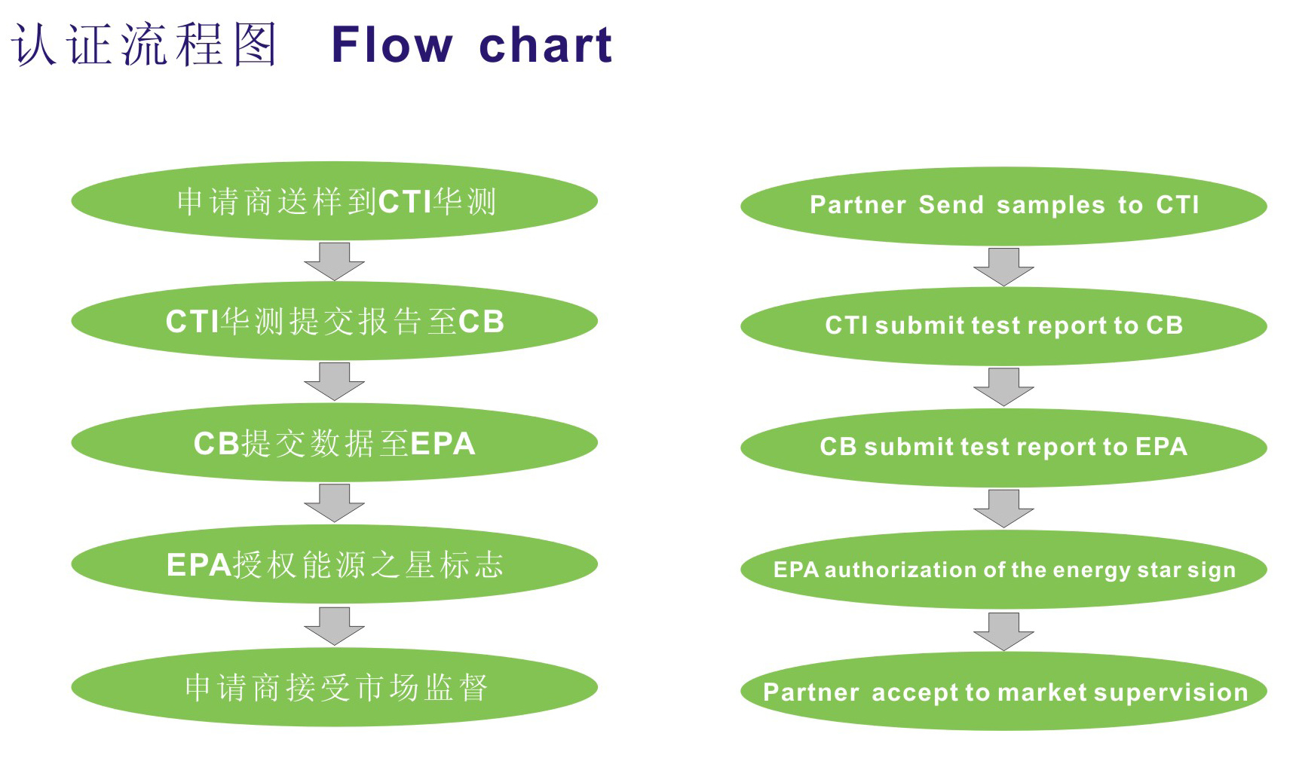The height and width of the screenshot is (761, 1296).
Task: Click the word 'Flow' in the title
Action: [x=392, y=44]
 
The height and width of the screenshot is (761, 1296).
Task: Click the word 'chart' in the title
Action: [x=545, y=44]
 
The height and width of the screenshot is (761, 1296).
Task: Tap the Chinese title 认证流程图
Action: [x=144, y=44]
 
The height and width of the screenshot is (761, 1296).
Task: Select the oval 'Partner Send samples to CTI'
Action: [x=1003, y=206]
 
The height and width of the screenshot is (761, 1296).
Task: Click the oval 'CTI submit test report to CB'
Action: [x=1003, y=326]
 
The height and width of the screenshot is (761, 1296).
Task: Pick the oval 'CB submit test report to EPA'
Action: [x=1003, y=448]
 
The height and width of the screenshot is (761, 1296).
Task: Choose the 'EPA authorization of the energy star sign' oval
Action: [x=1003, y=570]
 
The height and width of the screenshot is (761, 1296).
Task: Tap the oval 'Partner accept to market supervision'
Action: [x=1003, y=692]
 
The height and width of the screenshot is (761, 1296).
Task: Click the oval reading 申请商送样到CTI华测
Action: [x=334, y=201]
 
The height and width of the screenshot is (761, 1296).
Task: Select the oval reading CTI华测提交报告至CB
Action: [x=334, y=321]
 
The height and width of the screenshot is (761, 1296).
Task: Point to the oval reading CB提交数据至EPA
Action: [x=334, y=443]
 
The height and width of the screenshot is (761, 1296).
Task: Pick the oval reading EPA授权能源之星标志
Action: [x=334, y=564]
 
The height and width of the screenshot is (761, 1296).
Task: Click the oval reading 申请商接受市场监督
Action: [x=334, y=687]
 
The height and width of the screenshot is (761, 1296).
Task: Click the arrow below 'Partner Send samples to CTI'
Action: [x=1003, y=267]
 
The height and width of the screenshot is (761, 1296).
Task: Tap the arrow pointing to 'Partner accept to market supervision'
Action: [x=1003, y=631]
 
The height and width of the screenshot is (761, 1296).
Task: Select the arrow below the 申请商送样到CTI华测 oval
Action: [x=334, y=261]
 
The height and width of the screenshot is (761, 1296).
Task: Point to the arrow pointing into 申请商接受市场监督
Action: [x=334, y=626]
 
